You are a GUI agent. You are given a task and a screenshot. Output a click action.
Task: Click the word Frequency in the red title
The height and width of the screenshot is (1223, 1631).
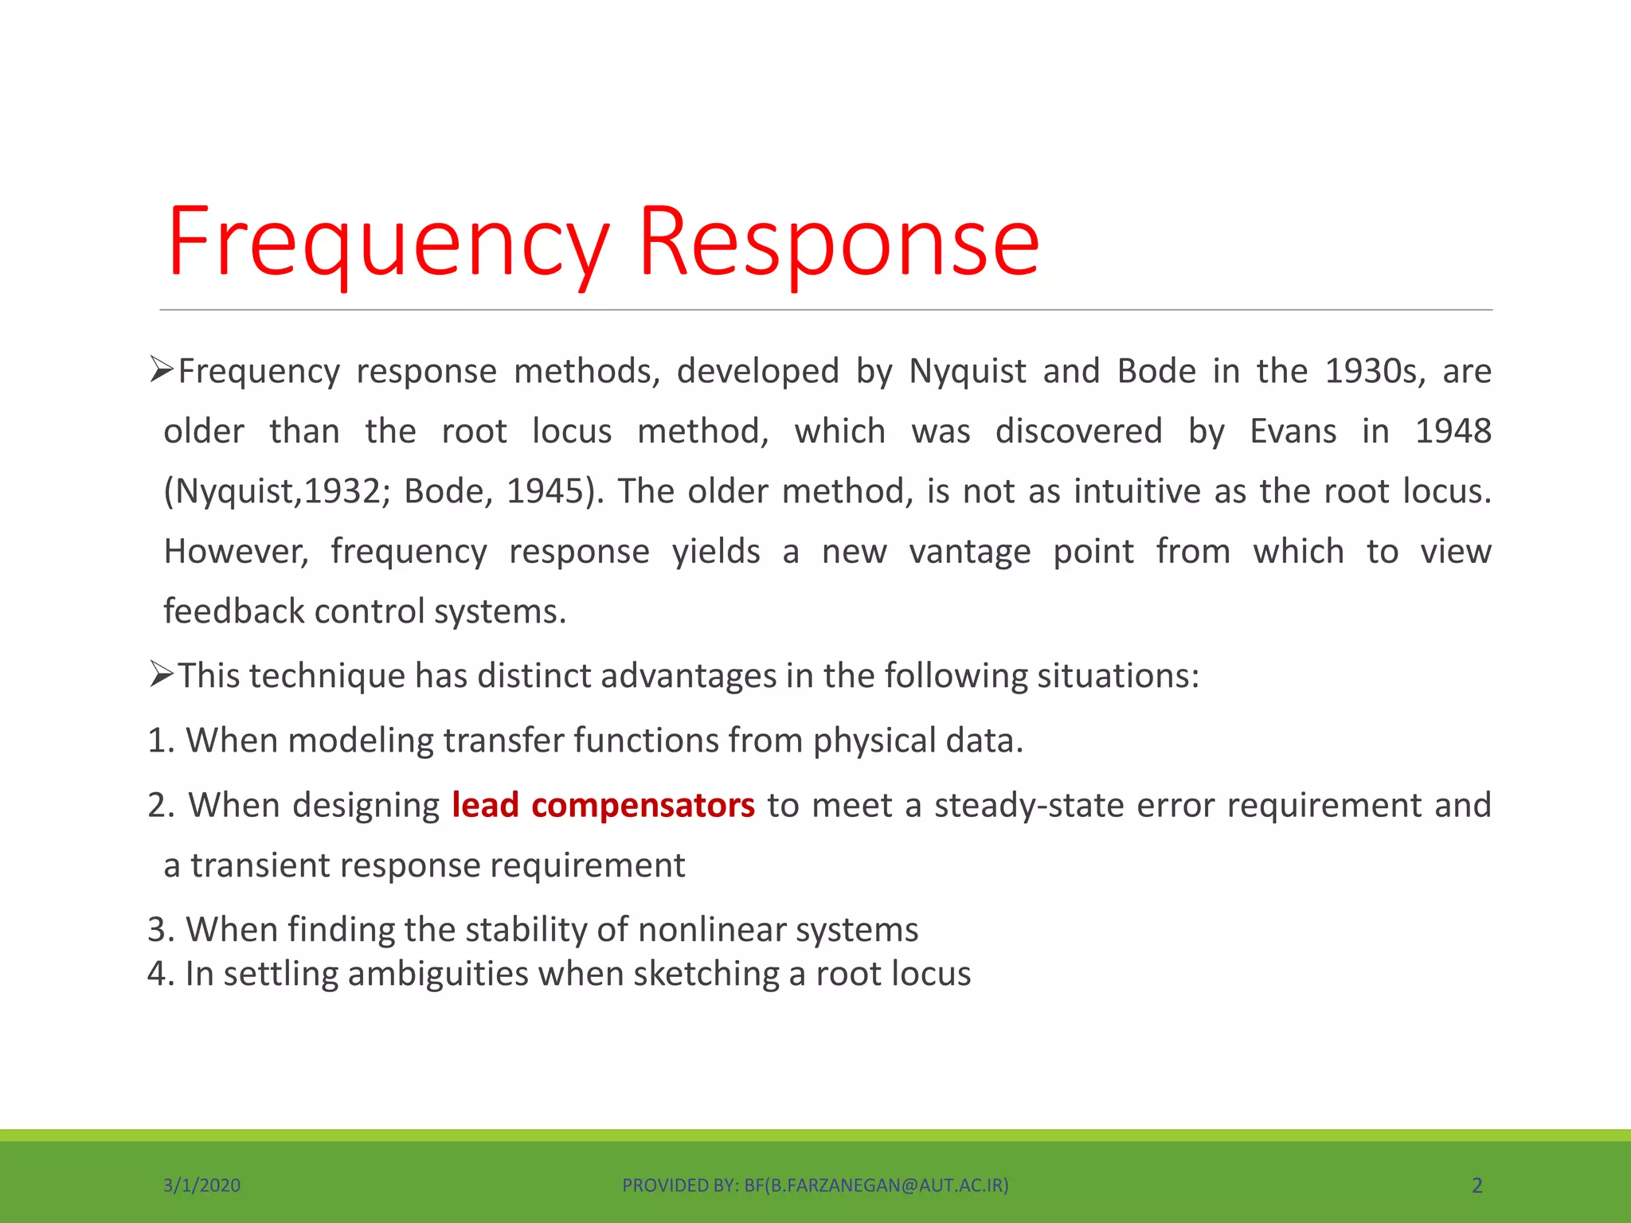tap(388, 243)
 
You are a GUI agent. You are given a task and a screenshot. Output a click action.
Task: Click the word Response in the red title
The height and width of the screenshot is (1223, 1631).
tap(839, 243)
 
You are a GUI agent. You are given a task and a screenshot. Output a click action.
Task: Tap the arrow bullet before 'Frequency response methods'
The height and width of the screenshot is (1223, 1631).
tap(161, 370)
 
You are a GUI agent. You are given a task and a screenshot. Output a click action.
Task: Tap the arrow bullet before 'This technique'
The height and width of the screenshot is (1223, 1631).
tap(161, 676)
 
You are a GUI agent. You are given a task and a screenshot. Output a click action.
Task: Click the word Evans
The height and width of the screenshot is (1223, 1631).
tap(1293, 432)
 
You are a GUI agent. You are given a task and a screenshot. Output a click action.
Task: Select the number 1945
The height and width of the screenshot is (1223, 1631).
tap(549, 491)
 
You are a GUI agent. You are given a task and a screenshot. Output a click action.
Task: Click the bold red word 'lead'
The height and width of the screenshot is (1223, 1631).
tap(485, 805)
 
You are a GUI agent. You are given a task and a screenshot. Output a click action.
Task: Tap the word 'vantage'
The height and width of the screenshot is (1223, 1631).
tap(969, 552)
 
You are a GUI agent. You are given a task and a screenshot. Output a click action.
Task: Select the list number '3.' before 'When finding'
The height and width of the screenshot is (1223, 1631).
tap(161, 930)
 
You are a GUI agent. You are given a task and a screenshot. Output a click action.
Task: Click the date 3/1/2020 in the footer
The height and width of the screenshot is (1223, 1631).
tap(201, 1186)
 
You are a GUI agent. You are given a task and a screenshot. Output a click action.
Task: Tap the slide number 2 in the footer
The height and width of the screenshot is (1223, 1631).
tap(1477, 1186)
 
